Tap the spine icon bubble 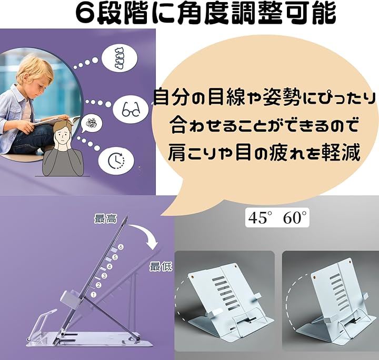119,59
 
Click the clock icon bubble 116,160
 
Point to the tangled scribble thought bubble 91,124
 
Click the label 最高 106,218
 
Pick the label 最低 161,266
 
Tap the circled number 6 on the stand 121,247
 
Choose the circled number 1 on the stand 94,295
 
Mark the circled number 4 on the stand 109,267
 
